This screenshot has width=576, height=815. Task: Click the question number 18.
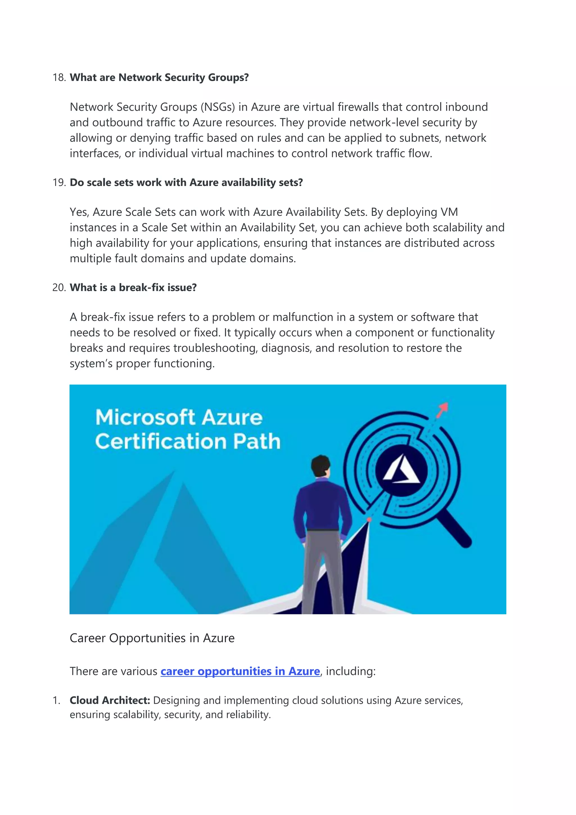click(59, 77)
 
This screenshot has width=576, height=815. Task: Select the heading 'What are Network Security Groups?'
click(159, 77)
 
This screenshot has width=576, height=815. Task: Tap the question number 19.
click(59, 182)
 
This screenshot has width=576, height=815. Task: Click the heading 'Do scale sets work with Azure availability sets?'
click(186, 182)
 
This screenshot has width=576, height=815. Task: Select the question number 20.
click(59, 288)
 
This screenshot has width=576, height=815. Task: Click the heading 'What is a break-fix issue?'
click(133, 288)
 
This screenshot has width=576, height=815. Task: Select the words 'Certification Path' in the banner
click(188, 441)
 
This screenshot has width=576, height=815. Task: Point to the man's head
click(320, 466)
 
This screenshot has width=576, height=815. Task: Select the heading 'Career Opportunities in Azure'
click(152, 638)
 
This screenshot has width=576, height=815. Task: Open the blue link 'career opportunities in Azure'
click(240, 671)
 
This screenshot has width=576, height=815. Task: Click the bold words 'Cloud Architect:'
click(110, 700)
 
